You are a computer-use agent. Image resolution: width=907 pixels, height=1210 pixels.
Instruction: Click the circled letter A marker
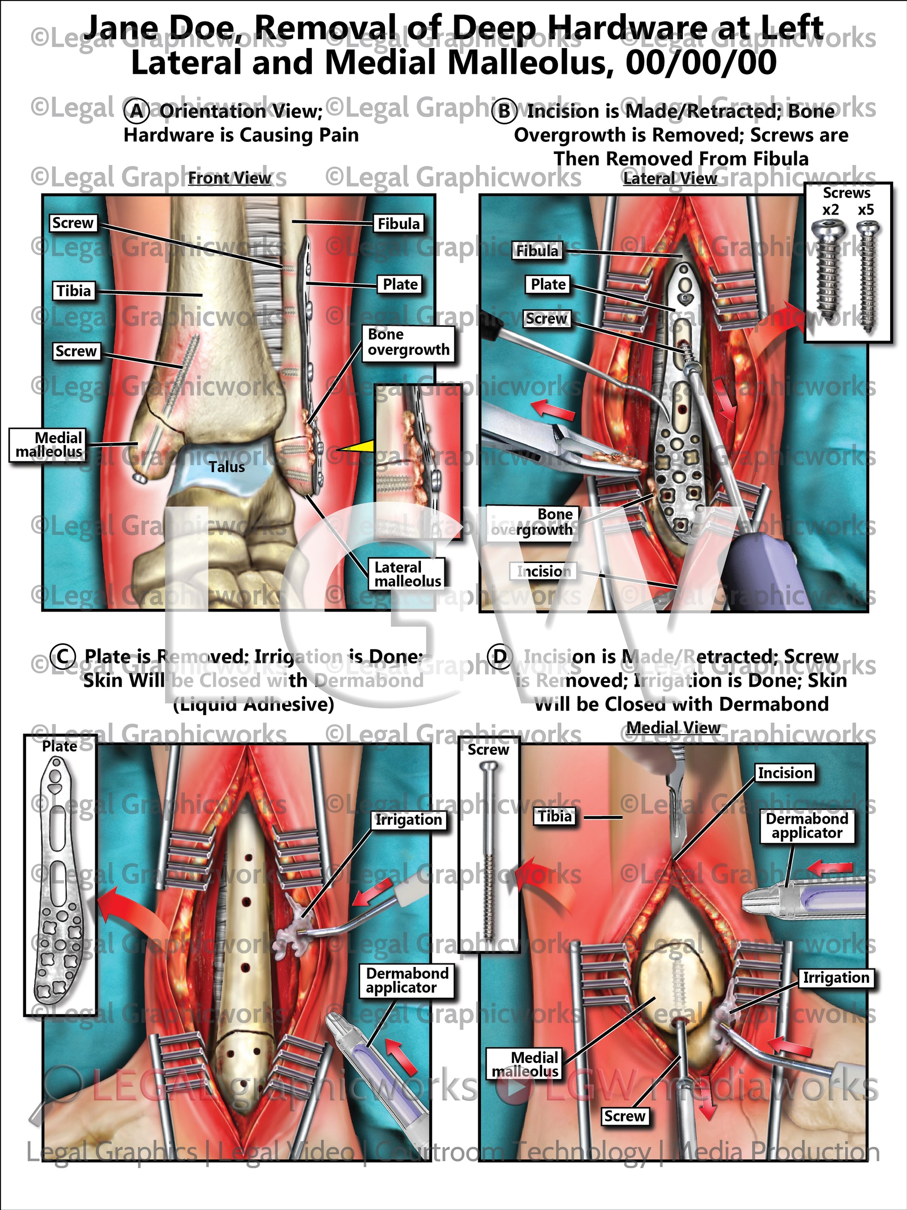click(x=136, y=111)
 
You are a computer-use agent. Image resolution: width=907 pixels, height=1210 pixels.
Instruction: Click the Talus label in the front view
click(x=227, y=467)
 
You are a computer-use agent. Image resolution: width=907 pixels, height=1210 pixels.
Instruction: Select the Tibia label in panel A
click(x=74, y=291)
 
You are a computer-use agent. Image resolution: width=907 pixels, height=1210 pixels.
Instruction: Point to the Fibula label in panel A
click(x=399, y=224)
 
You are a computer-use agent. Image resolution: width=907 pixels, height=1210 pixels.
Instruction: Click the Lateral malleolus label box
click(x=407, y=574)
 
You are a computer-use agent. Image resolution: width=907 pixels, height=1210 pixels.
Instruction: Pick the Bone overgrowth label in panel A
click(x=408, y=342)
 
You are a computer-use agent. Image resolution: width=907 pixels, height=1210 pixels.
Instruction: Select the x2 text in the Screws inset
click(x=831, y=210)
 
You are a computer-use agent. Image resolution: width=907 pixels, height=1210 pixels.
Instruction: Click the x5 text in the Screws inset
click(x=866, y=210)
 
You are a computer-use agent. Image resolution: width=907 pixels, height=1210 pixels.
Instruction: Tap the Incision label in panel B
click(x=544, y=571)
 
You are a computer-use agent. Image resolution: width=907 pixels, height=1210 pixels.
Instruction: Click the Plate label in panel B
click(x=549, y=285)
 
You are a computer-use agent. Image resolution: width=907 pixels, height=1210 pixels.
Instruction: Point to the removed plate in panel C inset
click(x=59, y=886)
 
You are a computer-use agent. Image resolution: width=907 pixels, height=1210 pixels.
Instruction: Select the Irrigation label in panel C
click(x=408, y=820)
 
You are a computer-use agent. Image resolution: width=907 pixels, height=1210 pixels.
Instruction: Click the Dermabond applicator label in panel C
click(x=407, y=980)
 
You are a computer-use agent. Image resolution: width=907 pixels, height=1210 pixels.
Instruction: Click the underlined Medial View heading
click(x=673, y=728)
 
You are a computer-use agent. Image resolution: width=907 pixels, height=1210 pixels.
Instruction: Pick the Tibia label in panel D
click(x=555, y=817)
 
